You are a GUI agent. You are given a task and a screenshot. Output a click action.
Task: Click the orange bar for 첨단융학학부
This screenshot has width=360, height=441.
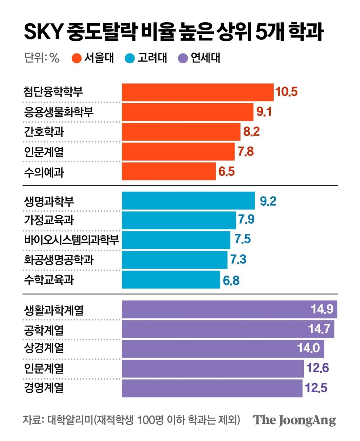[x=197, y=92]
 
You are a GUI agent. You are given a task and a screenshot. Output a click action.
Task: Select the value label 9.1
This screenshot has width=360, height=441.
[x=264, y=112]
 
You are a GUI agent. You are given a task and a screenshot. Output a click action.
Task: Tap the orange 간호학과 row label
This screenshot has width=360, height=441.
[x=44, y=132]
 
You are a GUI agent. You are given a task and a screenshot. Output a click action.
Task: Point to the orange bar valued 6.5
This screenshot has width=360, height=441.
[x=168, y=171]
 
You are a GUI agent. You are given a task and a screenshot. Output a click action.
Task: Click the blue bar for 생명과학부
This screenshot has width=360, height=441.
[x=188, y=201]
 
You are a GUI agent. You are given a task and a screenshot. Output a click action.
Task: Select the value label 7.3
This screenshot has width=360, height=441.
[x=238, y=260]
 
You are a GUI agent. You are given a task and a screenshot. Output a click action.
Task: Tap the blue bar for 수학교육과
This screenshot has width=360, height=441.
[x=171, y=280]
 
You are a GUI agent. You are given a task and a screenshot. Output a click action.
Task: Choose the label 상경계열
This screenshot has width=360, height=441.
[x=44, y=348]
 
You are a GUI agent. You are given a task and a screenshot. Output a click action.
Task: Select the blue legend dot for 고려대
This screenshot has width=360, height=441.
[x=130, y=58]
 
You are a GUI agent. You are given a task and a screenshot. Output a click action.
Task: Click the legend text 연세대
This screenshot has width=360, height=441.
[x=206, y=58]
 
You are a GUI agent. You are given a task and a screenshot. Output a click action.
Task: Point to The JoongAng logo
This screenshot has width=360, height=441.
[x=294, y=420]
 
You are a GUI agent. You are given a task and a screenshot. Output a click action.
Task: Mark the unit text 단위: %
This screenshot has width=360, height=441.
[x=42, y=58]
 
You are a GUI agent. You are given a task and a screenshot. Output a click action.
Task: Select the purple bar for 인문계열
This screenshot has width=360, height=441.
[x=212, y=368]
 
